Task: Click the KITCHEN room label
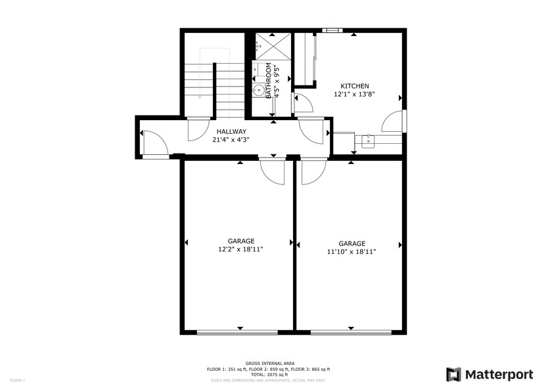[x=354, y=86]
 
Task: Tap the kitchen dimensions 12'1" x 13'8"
[x=354, y=95]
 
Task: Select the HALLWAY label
[x=231, y=131]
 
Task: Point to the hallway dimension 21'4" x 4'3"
[x=231, y=139]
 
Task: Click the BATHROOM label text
[x=269, y=81]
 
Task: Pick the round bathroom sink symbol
[x=259, y=91]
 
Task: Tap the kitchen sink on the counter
[x=369, y=139]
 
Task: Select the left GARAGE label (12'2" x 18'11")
[x=241, y=241]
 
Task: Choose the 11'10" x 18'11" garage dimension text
[x=352, y=251]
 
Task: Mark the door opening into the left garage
[x=271, y=170]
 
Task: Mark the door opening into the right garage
[x=312, y=171]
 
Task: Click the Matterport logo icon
[x=454, y=374]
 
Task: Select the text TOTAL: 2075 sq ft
[x=269, y=374]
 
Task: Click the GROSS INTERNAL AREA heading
[x=269, y=363]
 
